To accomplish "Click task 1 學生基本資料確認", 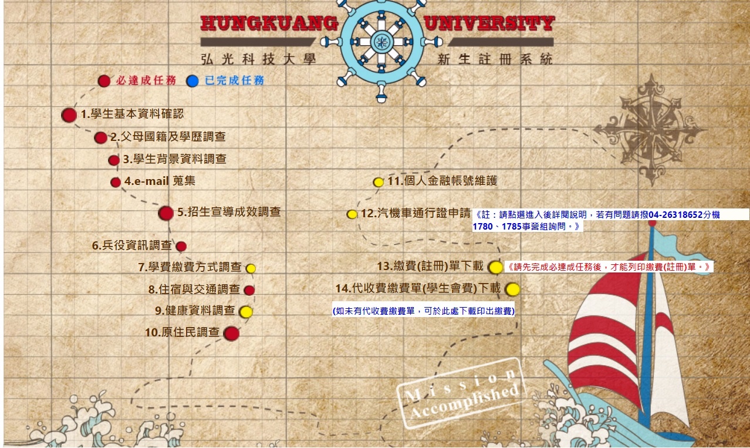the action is pos(132,114).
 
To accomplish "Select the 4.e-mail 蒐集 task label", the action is pos(160,181).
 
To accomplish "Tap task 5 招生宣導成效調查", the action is pos(229,213).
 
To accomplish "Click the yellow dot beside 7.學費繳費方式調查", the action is pos(251,268).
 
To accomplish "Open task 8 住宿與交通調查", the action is pos(194,289).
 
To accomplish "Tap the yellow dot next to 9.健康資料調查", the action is pos(246,312).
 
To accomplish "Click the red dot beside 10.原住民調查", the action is pos(231,334).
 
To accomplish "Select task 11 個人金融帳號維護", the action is pos(442,181).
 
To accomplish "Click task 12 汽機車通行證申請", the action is pos(415,214).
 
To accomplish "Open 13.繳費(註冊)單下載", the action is pos(430,267).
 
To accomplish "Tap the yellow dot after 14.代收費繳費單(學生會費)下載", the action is pos(512,289).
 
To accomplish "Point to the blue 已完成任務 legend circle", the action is pos(192,81).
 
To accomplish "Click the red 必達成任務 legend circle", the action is pos(104,81).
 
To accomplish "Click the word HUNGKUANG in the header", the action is pos(269,23).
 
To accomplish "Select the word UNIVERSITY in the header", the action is pos(488,23).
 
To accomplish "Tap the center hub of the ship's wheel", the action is pos(381,41).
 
